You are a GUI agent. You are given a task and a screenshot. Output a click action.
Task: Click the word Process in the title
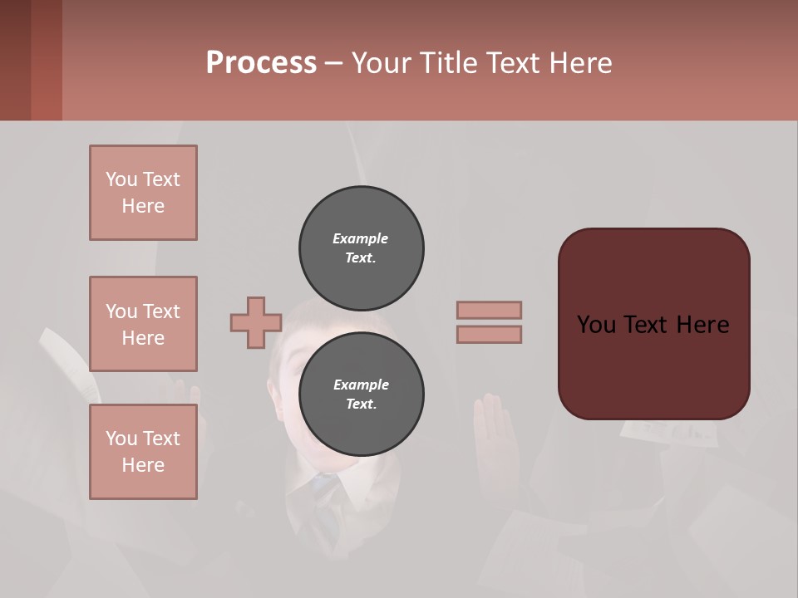[261, 63]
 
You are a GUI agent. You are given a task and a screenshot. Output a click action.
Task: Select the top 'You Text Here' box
[143, 193]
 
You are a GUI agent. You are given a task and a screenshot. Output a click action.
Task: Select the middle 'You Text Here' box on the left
[143, 324]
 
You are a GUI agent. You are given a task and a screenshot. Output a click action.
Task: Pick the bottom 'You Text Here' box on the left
[143, 452]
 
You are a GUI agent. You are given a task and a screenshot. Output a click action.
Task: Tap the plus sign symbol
[256, 322]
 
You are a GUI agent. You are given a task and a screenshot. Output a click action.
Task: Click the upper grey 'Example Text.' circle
[361, 248]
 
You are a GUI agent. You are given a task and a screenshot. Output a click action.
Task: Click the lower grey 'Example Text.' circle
[361, 395]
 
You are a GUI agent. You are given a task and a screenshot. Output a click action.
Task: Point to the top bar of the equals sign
[490, 310]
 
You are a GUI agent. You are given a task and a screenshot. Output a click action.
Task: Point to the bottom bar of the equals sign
[490, 334]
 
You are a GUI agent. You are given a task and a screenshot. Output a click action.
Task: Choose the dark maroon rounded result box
[653, 365]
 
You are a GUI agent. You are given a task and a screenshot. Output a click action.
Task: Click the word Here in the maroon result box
[703, 325]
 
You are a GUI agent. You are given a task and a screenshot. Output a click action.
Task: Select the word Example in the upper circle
[360, 238]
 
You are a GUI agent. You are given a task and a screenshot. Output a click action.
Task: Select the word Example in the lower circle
[361, 385]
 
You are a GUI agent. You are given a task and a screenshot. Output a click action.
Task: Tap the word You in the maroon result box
[595, 325]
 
